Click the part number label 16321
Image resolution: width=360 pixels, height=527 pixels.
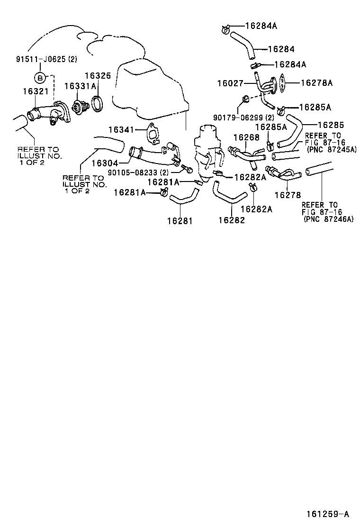[x=33, y=90]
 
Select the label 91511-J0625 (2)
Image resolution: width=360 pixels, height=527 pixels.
[x=46, y=60]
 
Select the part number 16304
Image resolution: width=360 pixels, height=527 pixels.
[x=104, y=163]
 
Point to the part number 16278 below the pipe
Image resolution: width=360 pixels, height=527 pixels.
[x=288, y=195]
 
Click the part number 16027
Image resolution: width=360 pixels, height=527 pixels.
[x=230, y=83]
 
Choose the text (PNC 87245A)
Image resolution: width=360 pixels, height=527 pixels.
[x=332, y=149]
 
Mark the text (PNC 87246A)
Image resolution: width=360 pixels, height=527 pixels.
[x=328, y=219]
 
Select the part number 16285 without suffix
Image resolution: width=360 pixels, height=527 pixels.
[x=331, y=125]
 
